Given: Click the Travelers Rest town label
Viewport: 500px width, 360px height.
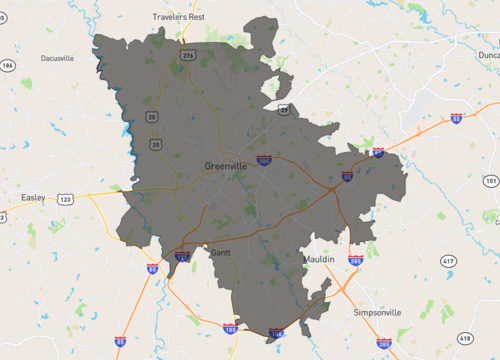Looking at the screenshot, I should (177, 17).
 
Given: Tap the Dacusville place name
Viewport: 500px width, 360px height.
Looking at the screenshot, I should (57, 59).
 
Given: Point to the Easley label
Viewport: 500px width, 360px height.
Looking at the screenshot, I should (33, 198).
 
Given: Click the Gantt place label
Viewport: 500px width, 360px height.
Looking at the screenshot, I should (221, 253).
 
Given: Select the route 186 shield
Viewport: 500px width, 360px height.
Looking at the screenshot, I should (9, 66).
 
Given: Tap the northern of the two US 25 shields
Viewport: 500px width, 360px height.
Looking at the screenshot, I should (154, 117).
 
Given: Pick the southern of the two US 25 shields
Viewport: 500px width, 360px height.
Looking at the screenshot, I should (154, 145).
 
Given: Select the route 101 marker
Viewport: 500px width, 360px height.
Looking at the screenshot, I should (490, 181).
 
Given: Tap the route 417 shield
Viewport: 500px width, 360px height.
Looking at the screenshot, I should (447, 261).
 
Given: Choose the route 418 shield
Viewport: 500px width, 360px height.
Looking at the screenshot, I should (463, 339).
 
